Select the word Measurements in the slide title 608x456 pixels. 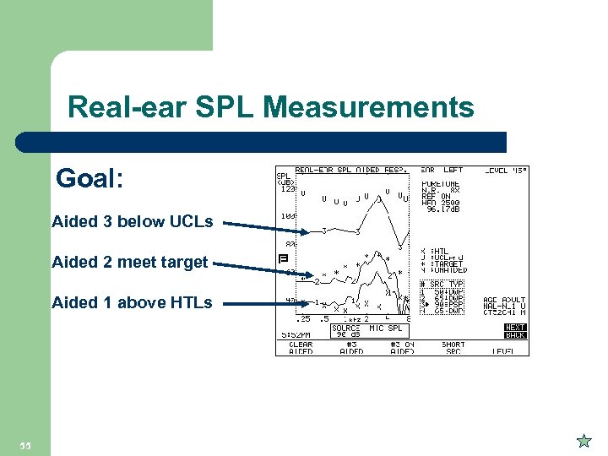point(368,107)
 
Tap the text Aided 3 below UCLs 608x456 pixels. point(132,222)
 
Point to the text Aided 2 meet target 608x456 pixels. point(129,262)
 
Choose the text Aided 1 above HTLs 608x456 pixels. point(132,301)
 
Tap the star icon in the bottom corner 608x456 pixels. point(583,440)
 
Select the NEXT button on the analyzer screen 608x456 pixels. point(515,327)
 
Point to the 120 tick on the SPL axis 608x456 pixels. point(287,189)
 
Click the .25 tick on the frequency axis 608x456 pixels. point(301,318)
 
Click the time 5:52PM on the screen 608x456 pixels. point(294,334)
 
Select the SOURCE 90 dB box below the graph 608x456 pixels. point(348,331)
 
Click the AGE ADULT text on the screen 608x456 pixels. point(504,300)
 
